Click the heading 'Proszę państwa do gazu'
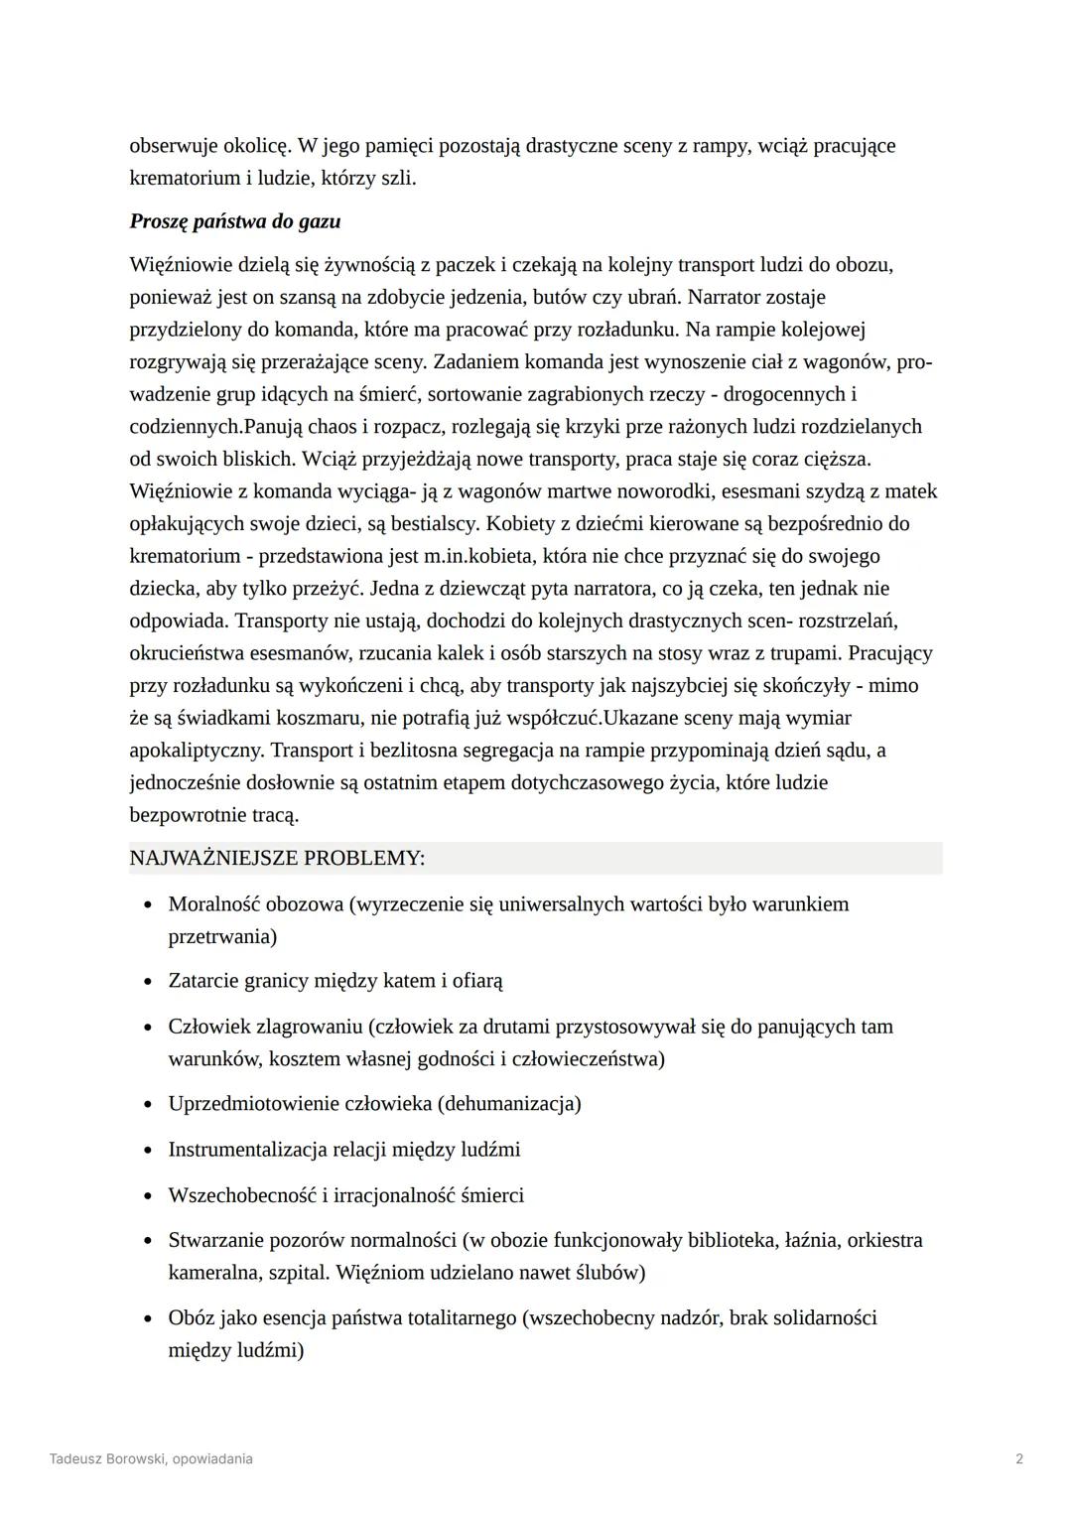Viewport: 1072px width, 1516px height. tap(235, 221)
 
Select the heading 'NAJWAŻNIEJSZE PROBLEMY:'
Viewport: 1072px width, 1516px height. tap(277, 858)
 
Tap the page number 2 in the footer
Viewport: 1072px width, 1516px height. tap(1019, 1458)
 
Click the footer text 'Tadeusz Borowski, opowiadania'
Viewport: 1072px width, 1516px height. tap(151, 1458)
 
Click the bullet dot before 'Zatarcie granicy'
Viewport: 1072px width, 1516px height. tap(148, 982)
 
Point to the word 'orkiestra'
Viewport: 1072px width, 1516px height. tap(884, 1240)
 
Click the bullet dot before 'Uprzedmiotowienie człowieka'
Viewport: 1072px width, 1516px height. tap(148, 1105)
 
